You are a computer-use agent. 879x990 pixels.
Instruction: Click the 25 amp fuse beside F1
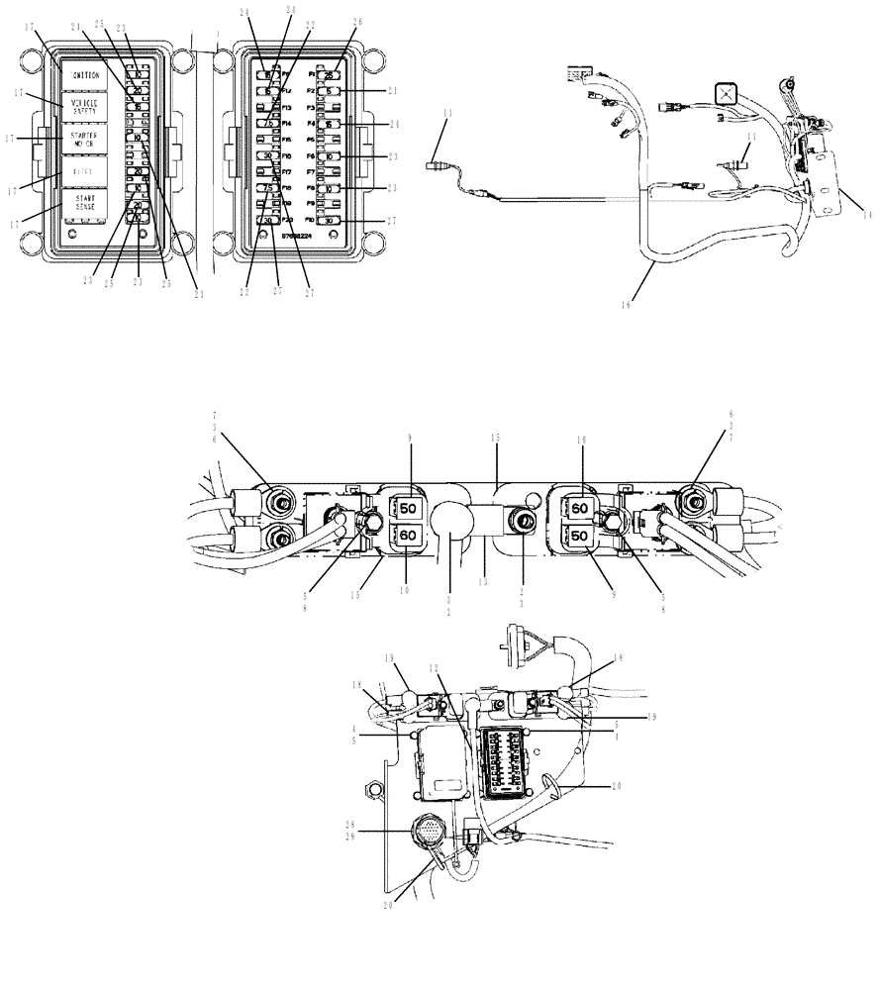332,75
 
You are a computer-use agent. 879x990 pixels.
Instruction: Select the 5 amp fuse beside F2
333,91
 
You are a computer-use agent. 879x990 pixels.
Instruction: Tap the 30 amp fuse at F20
266,221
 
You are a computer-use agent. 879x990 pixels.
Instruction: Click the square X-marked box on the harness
728,93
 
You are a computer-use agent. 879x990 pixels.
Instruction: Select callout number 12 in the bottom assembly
433,668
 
